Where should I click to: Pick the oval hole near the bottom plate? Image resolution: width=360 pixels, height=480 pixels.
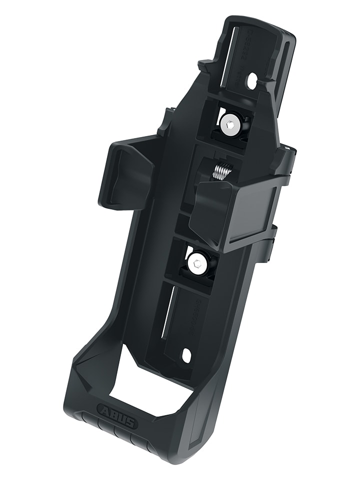(x=187, y=355)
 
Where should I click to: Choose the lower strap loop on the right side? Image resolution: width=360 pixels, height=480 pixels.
(x=272, y=242)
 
